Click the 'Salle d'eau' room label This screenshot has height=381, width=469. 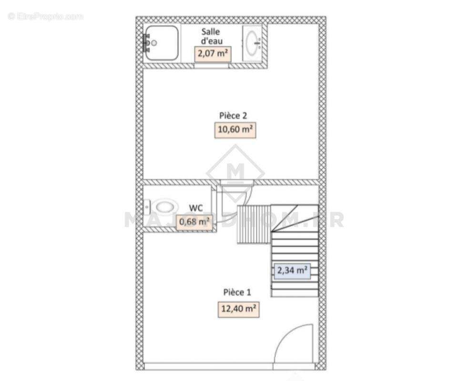pos(212,36)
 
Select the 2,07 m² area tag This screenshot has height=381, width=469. pos(213,54)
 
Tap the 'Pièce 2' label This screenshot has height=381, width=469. pos(233,116)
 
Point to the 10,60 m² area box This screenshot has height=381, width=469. pos(235,130)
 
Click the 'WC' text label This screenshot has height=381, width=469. pos(196,208)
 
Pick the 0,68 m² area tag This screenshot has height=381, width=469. pos(194,222)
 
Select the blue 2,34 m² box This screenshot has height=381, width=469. pos(292,271)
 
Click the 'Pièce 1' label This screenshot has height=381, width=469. pos(237,292)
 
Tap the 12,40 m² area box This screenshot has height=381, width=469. pos(238,309)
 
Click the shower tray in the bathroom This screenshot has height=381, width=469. pos(162,43)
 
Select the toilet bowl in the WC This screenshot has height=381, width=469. pos(165,207)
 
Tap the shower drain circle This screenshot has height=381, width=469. pos(154,43)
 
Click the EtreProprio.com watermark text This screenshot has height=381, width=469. pos(45,16)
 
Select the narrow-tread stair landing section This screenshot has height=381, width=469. pos(254,224)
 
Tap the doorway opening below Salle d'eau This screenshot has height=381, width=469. pos(212,66)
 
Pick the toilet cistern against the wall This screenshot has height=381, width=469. pos(147,207)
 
